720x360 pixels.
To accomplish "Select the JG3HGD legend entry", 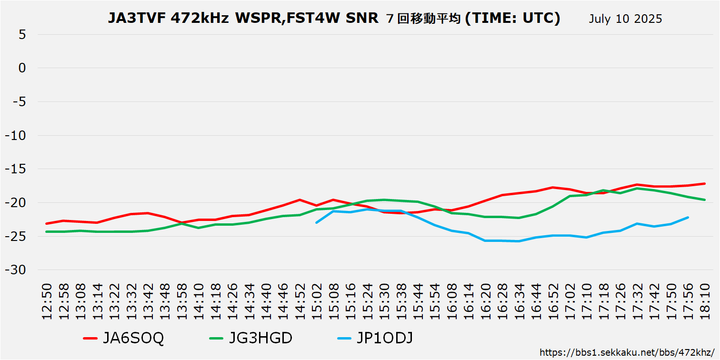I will [251, 339].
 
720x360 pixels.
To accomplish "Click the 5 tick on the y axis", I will [22, 34].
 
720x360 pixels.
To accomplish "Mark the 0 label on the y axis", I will [22, 68].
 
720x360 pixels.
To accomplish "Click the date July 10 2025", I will [625, 19].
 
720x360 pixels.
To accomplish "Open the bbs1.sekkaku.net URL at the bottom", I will [627, 353].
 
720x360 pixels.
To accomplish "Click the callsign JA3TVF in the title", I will [136, 18].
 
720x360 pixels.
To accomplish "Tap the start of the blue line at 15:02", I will [317, 222].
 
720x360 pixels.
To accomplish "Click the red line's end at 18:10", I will [704, 183].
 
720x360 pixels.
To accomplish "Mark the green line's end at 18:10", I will [704, 200].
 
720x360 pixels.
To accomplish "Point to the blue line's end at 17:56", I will [688, 218].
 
